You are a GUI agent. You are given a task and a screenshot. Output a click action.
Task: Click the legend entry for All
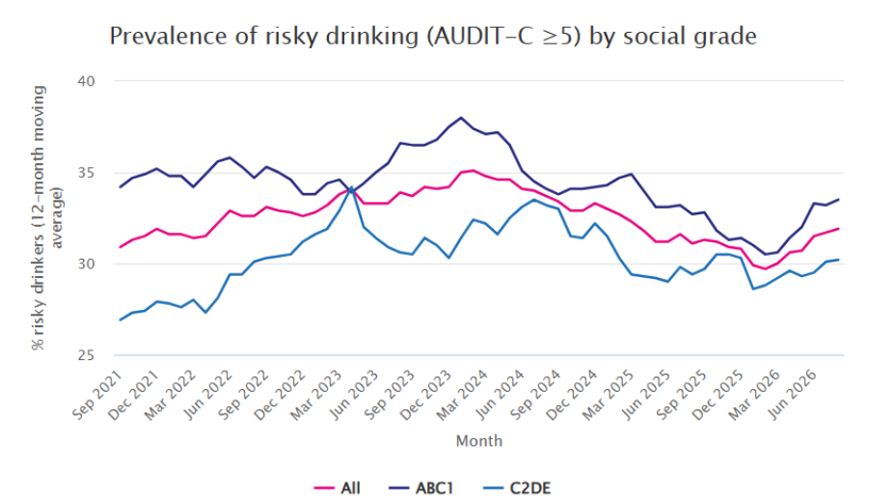pyautogui.click(x=337, y=488)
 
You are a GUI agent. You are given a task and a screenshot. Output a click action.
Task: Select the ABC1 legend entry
pyautogui.click(x=421, y=488)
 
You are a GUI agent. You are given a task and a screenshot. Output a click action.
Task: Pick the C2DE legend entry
pyautogui.click(x=517, y=488)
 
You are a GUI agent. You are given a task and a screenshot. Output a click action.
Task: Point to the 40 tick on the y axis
pyautogui.click(x=86, y=81)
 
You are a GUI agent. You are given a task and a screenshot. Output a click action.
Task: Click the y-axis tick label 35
pyautogui.click(x=86, y=173)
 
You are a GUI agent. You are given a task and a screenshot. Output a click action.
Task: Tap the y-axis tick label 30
pyautogui.click(x=86, y=264)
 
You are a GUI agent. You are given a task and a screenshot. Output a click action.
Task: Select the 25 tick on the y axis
pyautogui.click(x=86, y=355)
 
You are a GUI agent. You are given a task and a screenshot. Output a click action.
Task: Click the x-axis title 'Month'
pyautogui.click(x=479, y=441)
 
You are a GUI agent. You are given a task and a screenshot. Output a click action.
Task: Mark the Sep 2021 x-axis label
pyautogui.click(x=97, y=394)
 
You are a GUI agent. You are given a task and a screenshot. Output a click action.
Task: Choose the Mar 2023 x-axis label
pyautogui.click(x=315, y=394)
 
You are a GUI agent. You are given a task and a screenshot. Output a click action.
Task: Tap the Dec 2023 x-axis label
pyautogui.click(x=425, y=394)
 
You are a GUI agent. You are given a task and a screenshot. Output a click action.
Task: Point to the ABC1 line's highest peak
pyautogui.click(x=461, y=118)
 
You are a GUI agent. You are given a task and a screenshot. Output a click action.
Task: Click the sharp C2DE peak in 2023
pyautogui.click(x=351, y=187)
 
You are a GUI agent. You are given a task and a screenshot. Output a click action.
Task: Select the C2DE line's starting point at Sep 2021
pyautogui.click(x=121, y=320)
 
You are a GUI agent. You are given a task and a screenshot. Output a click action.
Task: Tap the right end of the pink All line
pyautogui.click(x=838, y=229)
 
